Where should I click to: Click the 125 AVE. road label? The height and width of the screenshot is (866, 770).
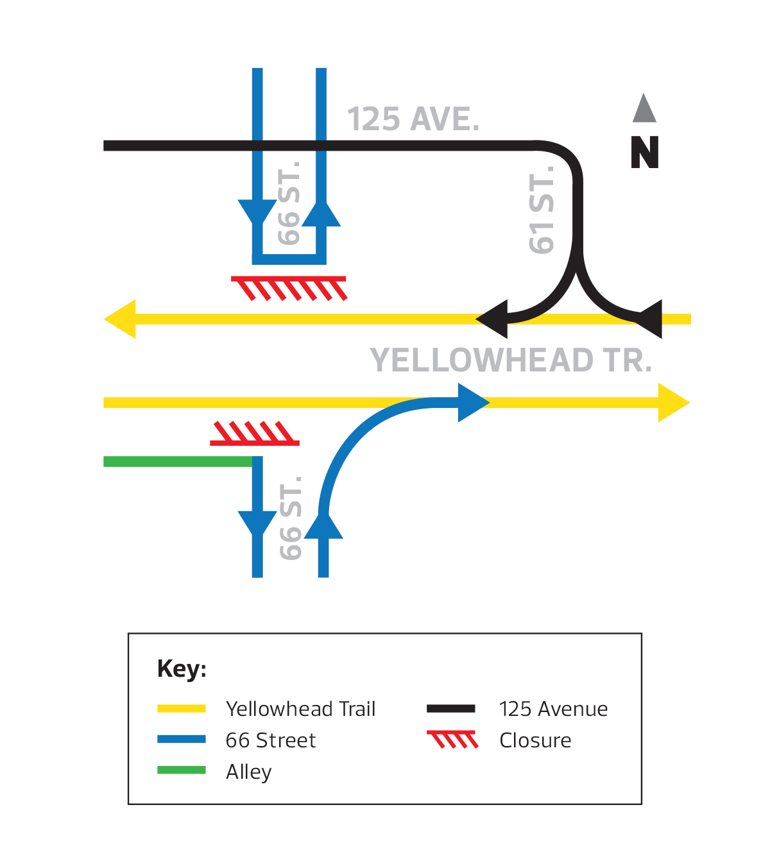tap(413, 119)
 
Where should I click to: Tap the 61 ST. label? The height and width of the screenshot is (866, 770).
tap(542, 210)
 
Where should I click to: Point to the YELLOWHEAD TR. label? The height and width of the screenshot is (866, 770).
tap(511, 361)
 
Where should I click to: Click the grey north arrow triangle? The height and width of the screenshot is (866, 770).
tap(644, 110)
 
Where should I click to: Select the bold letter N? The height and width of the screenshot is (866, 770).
tap(645, 153)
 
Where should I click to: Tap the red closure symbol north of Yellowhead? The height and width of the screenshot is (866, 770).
tap(289, 288)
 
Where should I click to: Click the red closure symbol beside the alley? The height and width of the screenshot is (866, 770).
tap(255, 434)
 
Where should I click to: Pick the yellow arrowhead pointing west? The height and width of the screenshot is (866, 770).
tap(121, 319)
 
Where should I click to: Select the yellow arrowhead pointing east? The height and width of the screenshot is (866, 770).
tap(672, 403)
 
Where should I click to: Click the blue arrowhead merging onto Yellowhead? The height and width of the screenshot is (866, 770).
tap(472, 403)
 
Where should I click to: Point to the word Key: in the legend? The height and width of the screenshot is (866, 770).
tap(182, 668)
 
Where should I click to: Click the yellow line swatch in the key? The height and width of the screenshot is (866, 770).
tap(182, 709)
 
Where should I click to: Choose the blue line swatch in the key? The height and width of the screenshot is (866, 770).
tap(182, 740)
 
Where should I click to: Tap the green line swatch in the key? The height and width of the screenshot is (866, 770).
tap(182, 770)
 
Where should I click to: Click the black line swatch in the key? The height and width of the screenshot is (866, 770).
tap(451, 709)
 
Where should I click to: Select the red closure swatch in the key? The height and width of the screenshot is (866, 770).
tap(453, 740)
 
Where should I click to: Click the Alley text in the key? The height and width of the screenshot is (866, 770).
tap(249, 772)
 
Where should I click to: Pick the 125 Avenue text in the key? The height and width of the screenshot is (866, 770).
tap(553, 709)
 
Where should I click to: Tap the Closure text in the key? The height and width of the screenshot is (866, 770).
tap(535, 740)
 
